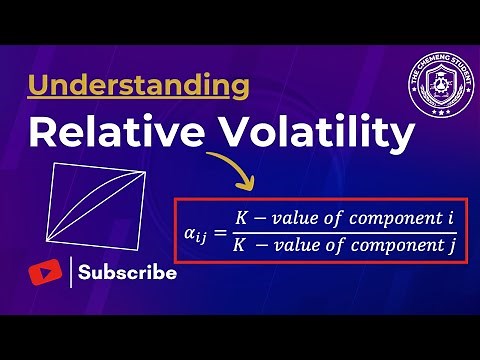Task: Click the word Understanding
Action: (139, 86)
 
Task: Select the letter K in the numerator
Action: (241, 217)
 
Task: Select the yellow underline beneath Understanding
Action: (139, 102)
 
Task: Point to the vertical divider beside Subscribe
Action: (71, 272)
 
